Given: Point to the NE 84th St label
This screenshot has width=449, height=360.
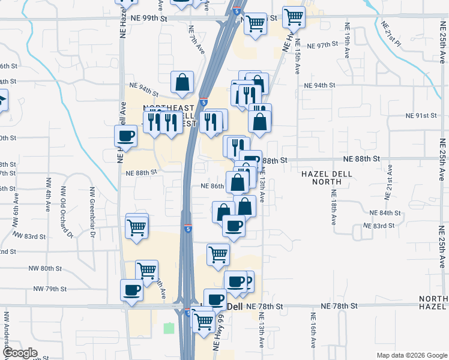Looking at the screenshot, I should click(385, 213).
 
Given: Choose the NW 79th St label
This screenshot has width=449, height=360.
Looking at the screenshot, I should click(50, 289).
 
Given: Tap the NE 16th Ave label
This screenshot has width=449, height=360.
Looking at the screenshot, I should click(313, 330).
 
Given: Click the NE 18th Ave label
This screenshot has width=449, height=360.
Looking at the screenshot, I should click(333, 207).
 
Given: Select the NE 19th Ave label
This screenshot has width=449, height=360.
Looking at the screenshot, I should click(347, 41).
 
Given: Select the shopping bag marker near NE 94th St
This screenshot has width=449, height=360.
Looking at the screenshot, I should click(182, 83).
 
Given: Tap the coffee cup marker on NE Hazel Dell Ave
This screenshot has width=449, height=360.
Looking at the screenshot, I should click(126, 136).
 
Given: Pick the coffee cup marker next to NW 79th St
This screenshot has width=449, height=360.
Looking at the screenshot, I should click(132, 290).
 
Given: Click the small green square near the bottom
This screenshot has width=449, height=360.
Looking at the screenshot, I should click(169, 328).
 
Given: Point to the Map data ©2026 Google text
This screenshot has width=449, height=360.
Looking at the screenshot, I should click(412, 355).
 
